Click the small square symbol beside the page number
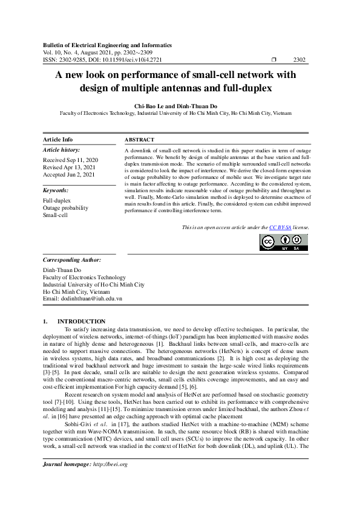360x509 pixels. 274,60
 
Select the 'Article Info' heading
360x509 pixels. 58,139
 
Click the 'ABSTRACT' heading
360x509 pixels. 139,139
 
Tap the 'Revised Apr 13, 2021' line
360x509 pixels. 68,167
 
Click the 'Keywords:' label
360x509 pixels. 56,190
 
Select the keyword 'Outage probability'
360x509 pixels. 65,207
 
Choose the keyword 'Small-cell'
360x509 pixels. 55,215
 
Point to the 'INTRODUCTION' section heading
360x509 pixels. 81,321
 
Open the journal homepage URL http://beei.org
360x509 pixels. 110,481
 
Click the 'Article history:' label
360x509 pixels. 61,149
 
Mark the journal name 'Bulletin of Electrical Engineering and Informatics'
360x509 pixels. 107,45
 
